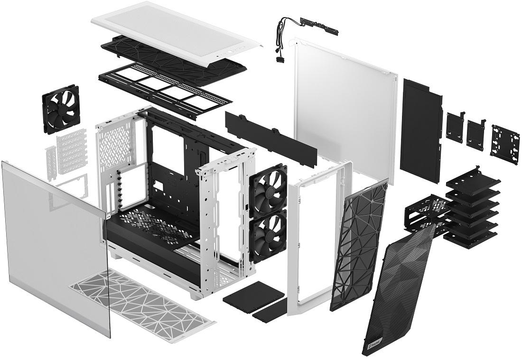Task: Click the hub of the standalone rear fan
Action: coord(61,109)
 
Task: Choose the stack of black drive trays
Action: coord(472,209)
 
